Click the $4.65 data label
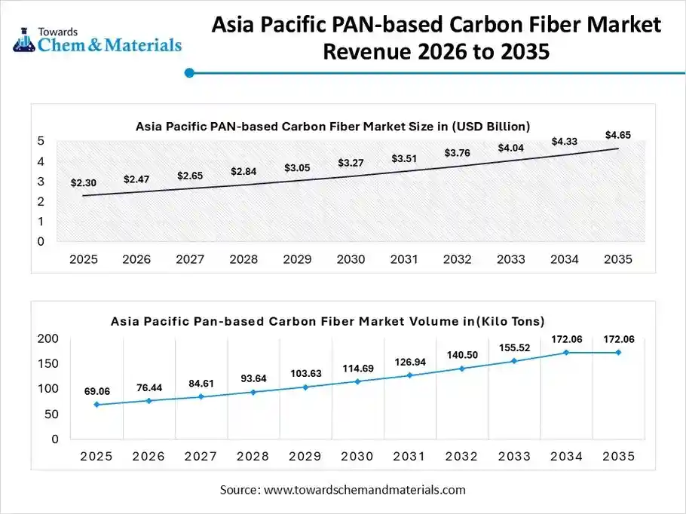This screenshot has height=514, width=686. click(617, 135)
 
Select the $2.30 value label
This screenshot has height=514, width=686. click(83, 182)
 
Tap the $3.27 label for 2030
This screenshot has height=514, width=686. click(350, 163)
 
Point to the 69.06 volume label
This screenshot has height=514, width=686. click(97, 391)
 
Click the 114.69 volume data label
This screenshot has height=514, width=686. click(358, 368)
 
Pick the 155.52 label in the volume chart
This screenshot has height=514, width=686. click(515, 348)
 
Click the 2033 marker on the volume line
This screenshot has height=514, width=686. click(514, 361)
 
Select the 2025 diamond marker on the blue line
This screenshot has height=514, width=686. click(97, 405)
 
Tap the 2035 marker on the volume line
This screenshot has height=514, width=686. click(618, 352)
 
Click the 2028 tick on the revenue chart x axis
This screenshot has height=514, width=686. click(243, 259)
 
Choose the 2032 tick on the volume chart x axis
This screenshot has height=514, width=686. click(461, 457)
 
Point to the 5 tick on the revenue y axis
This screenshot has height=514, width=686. click(41, 141)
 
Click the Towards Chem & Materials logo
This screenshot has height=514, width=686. click(98, 39)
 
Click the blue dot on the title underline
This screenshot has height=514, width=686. click(190, 73)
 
